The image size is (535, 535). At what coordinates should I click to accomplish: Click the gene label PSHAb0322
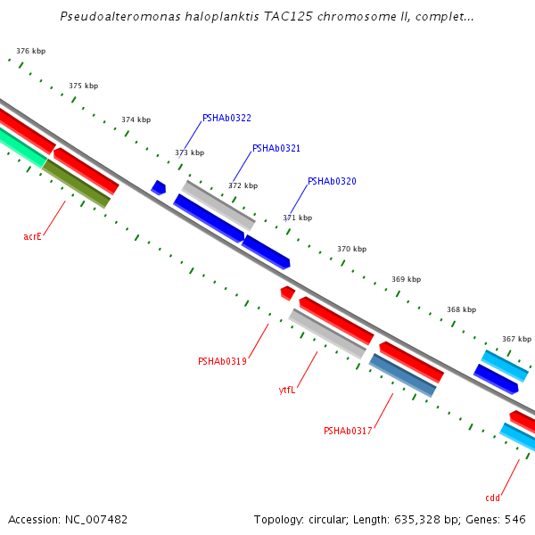tap(226, 118)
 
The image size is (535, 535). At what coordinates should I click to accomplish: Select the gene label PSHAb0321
tap(276, 149)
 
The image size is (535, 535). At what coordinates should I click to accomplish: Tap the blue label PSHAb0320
tap(332, 181)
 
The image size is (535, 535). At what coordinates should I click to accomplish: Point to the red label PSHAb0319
tap(222, 361)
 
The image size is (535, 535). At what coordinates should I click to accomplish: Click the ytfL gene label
tap(287, 390)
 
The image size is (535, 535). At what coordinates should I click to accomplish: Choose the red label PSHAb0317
tap(348, 431)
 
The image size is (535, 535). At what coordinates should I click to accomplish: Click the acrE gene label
tap(32, 236)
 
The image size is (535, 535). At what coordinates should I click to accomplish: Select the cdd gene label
tap(492, 498)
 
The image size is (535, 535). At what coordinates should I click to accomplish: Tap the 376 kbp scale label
tap(31, 52)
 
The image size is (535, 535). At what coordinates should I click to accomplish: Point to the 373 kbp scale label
tap(189, 152)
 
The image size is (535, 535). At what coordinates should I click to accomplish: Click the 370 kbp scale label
tap(351, 249)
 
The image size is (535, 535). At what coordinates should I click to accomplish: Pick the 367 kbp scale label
tap(516, 339)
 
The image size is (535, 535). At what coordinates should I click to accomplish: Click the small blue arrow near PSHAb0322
tap(159, 187)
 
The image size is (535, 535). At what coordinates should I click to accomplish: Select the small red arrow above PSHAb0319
tap(287, 292)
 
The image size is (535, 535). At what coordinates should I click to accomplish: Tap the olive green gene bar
tap(77, 184)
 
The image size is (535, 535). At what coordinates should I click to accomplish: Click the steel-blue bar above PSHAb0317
tap(403, 375)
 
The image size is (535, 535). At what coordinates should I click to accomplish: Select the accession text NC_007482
tap(95, 519)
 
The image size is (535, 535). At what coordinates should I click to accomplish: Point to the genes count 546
tap(515, 519)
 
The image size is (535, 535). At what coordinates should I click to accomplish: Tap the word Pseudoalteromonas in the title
tap(115, 16)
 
